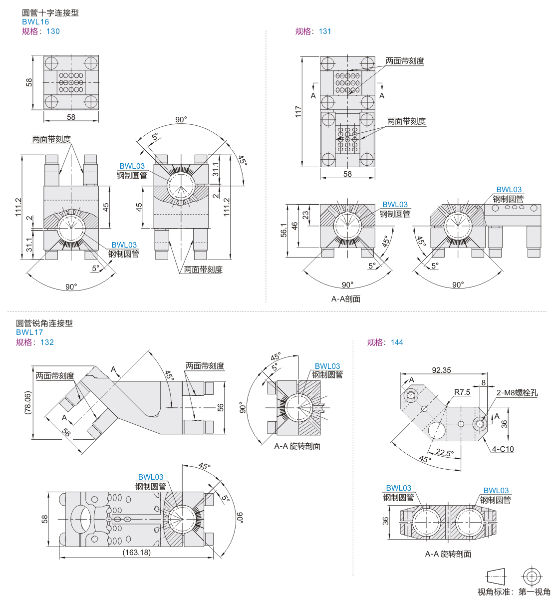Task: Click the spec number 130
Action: [x=53, y=31]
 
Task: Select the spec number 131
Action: [x=325, y=31]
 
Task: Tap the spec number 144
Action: [x=397, y=342]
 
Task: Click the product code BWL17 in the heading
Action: [x=29, y=332]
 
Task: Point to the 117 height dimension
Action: [x=298, y=111]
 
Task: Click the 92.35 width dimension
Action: [x=441, y=370]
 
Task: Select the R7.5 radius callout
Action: [x=462, y=392]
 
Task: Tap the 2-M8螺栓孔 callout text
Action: [x=517, y=392]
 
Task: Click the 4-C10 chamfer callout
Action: [x=503, y=449]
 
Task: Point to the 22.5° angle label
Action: [x=445, y=452]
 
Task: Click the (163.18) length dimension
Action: [x=137, y=552]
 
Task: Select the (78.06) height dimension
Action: [x=28, y=403]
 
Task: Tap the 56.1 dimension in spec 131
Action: [x=284, y=230]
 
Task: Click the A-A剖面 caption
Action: [x=346, y=299]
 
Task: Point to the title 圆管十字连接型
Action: [x=50, y=12]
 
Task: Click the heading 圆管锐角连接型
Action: [x=44, y=323]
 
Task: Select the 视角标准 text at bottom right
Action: [x=494, y=592]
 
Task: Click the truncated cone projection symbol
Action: [x=497, y=577]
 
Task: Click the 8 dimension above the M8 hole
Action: [x=484, y=383]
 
